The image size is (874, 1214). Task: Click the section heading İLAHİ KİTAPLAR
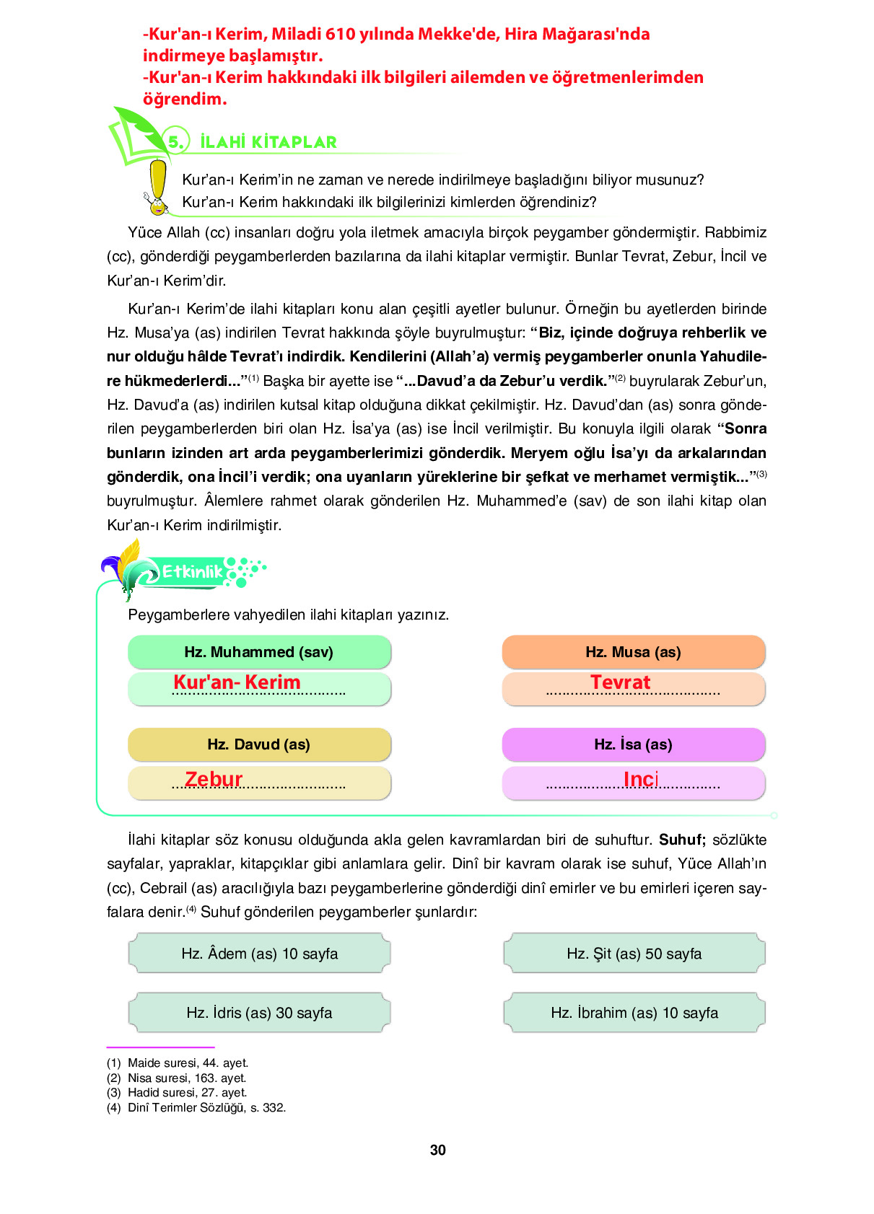click(x=268, y=142)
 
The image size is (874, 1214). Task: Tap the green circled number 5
click(x=175, y=141)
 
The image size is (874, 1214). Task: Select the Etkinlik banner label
click(x=192, y=572)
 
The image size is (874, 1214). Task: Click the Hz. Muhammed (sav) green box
click(x=259, y=652)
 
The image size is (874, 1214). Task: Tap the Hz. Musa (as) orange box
click(x=633, y=652)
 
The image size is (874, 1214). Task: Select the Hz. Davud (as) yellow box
click(x=259, y=744)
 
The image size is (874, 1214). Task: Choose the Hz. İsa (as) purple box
click(x=633, y=744)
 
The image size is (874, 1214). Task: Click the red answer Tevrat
click(x=620, y=682)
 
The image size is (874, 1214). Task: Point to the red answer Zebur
click(x=214, y=779)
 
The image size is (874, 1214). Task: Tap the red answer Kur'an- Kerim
click(x=237, y=682)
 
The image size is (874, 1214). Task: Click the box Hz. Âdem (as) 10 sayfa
click(x=259, y=954)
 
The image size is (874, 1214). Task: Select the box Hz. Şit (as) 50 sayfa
click(x=634, y=954)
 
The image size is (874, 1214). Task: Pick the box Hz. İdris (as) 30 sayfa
click(x=259, y=1013)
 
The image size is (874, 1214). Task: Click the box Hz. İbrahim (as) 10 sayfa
click(x=634, y=1013)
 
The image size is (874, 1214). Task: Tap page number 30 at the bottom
click(x=437, y=1150)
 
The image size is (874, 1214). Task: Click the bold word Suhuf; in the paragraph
click(x=681, y=840)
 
